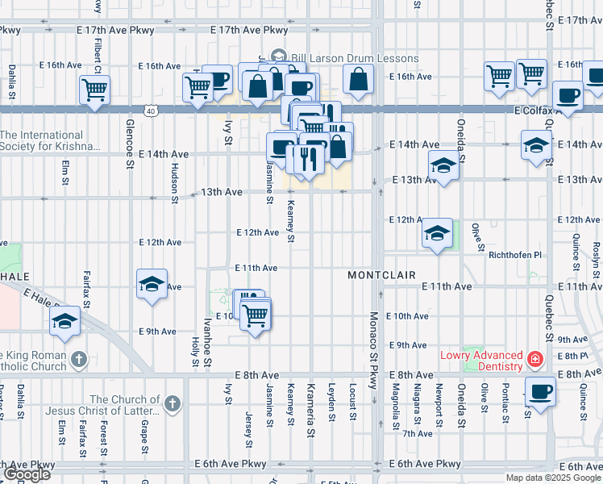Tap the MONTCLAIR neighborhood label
point(381,275)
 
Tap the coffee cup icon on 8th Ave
point(540,392)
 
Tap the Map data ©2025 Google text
point(554,478)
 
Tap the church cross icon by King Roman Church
point(78,359)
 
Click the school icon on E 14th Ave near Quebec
point(536,146)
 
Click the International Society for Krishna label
point(50,141)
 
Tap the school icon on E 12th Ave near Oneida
point(436,234)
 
